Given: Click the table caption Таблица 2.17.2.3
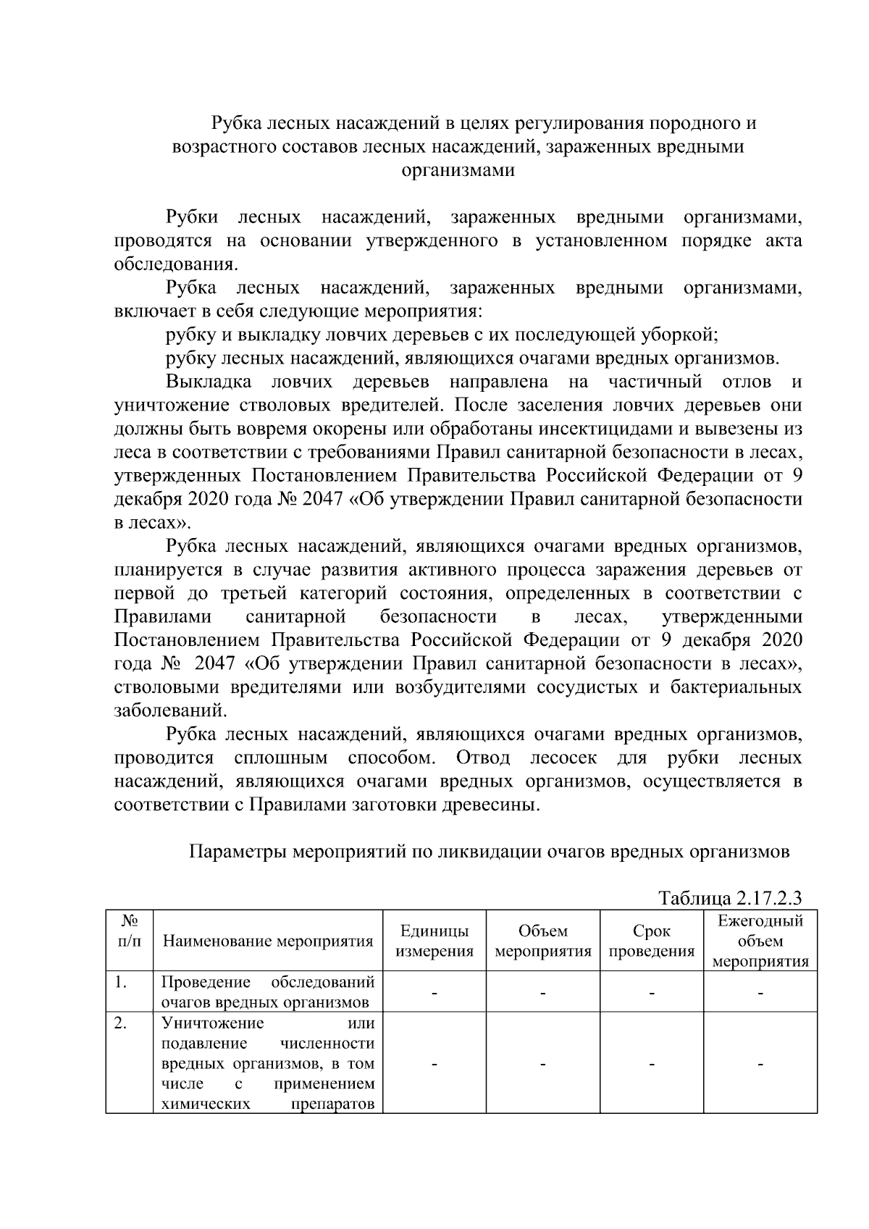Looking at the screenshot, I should point(730,899).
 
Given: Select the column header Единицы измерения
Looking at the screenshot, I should point(434,941).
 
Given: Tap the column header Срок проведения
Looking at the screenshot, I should point(651,941).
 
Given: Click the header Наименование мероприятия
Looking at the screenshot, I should point(268,941).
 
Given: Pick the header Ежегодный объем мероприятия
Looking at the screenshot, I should point(760,941).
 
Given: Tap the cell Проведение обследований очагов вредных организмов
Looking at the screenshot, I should point(268,993).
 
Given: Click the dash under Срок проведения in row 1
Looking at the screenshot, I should point(651,994).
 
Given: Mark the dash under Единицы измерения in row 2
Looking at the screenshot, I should point(434,1065).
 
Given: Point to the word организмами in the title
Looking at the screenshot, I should point(458,171).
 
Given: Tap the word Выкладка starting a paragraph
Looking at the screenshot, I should point(209,382).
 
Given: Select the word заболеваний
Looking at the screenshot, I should point(165,710).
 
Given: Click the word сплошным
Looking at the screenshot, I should point(281,758).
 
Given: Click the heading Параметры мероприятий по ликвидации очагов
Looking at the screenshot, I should point(489,852).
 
